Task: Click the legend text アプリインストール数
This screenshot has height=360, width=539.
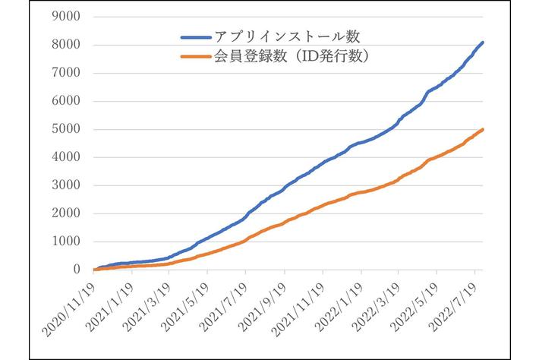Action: [282, 36]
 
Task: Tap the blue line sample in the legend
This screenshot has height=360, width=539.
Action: [199, 36]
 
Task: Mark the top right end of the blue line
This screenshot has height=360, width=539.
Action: [484, 43]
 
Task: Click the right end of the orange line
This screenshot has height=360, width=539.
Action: [484, 130]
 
